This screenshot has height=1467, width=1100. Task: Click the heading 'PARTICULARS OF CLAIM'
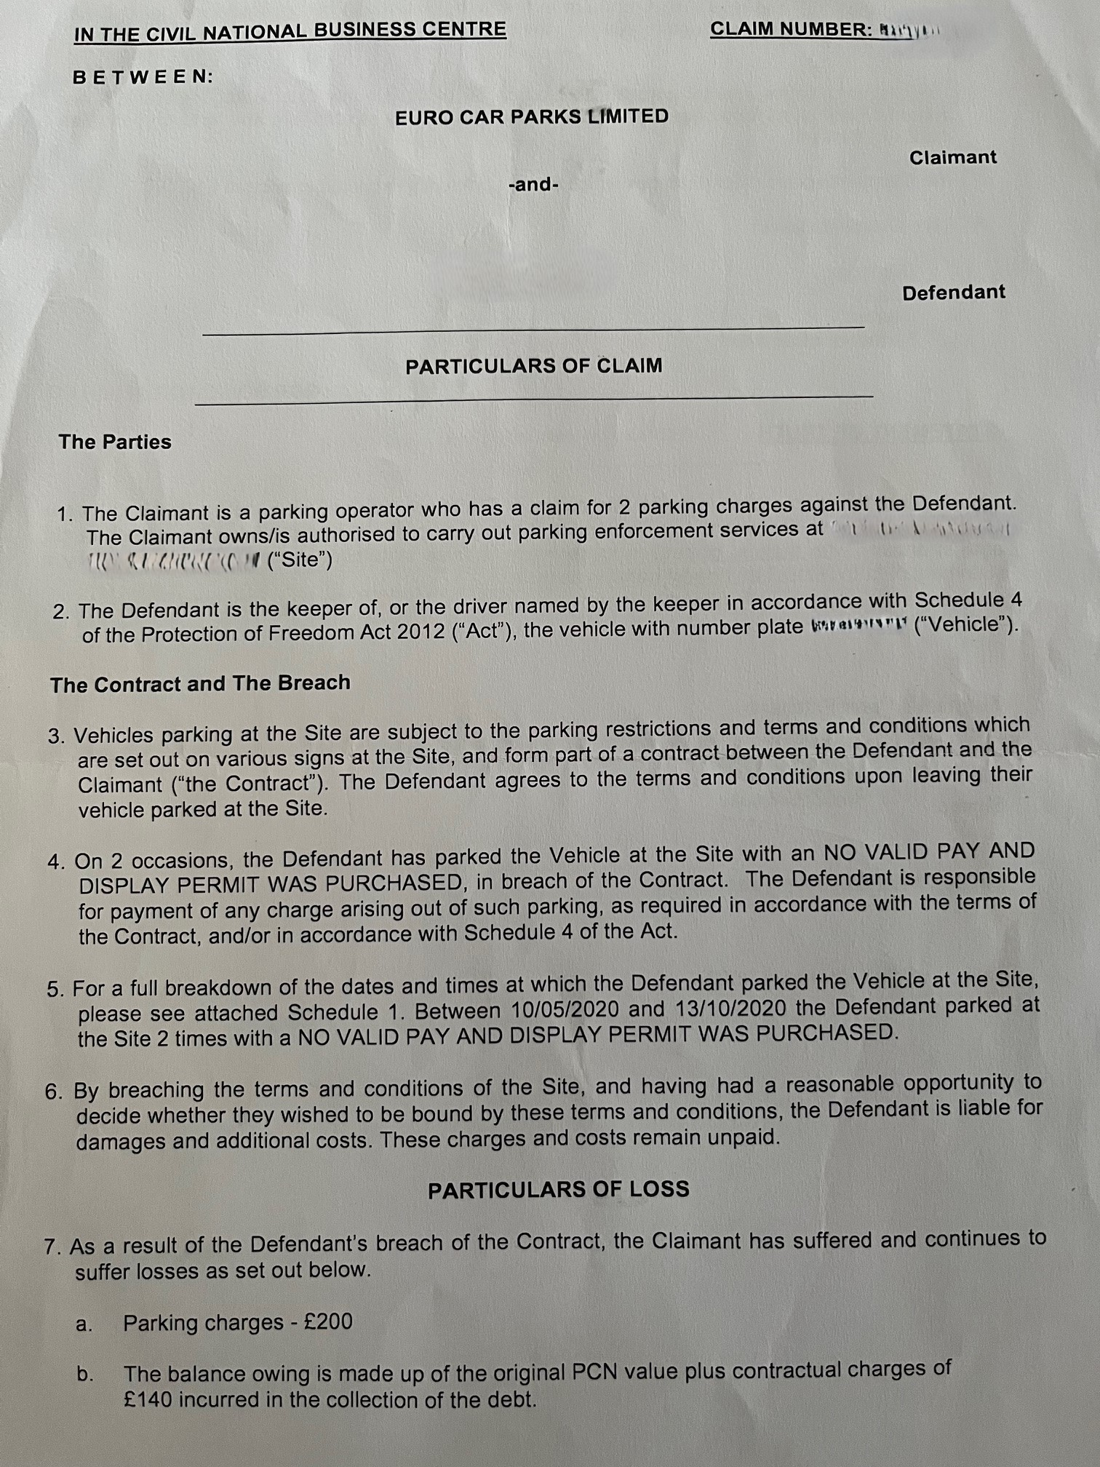[533, 365]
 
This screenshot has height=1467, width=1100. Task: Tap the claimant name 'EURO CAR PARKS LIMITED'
[531, 117]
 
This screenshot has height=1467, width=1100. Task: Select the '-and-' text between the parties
[533, 185]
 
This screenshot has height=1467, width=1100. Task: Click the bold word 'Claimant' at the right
[952, 158]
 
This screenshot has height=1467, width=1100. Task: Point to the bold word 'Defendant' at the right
[953, 293]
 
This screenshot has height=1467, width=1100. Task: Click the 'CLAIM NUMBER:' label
[791, 30]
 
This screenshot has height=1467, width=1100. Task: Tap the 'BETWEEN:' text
[143, 77]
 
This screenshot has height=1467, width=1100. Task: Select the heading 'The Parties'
[115, 442]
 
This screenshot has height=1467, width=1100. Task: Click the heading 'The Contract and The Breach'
[200, 683]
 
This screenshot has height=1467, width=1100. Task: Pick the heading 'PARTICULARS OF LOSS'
[558, 1190]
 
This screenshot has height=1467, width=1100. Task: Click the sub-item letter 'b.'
[85, 1375]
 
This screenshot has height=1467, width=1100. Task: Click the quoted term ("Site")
[300, 561]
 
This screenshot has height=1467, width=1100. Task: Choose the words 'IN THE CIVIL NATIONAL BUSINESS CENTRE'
[290, 31]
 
